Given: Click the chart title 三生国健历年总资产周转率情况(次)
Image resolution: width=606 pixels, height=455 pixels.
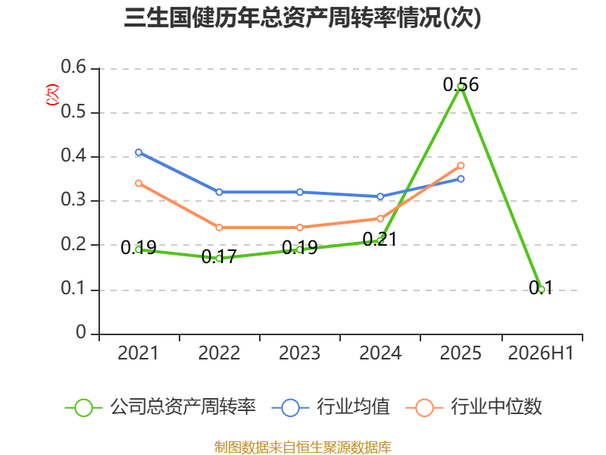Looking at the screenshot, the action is [x=302, y=17].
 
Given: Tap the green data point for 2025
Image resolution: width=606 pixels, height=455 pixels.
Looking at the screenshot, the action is [x=461, y=86].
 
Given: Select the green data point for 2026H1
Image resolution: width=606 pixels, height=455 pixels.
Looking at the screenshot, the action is [x=542, y=290].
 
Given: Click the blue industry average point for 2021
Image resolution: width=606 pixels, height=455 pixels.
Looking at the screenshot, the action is [x=139, y=152].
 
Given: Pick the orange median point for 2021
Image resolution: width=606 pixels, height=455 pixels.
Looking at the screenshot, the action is [x=139, y=184].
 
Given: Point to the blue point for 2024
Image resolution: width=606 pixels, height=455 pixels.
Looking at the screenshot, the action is [x=380, y=196].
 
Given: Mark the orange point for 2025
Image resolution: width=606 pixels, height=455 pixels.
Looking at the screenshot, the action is [x=461, y=165].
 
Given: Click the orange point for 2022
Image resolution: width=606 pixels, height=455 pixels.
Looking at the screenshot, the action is [x=219, y=227].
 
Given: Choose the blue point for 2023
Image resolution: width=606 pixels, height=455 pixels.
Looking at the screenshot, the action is [x=300, y=193].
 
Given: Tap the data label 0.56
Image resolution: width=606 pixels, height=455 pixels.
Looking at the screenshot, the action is [x=461, y=85].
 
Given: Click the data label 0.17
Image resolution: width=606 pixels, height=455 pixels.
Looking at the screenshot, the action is [x=219, y=256].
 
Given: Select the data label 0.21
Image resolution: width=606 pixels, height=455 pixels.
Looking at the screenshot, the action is [x=380, y=239].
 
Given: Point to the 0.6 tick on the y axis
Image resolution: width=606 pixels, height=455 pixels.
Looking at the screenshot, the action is [x=73, y=67].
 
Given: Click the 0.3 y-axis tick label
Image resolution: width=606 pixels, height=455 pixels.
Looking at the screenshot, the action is [x=73, y=199].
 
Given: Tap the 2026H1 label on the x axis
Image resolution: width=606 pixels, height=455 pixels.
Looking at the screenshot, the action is [x=541, y=353].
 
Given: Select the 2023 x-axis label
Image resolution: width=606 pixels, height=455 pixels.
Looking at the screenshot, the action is [x=299, y=353].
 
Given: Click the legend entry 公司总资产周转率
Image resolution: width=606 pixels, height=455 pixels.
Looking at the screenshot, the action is [x=161, y=407].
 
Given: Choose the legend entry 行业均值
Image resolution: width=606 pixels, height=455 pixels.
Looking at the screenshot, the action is [x=331, y=407].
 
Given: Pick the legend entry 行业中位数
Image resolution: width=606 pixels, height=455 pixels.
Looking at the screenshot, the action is [x=474, y=407].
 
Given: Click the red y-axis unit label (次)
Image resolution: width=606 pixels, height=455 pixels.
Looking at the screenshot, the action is [x=52, y=95].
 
